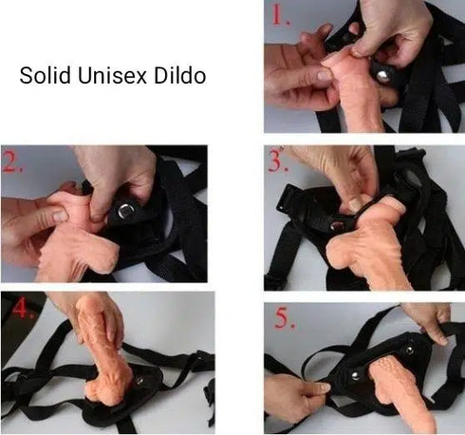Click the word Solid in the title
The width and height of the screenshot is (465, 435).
pyautogui.click(x=41, y=76)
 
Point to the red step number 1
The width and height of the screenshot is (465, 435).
pyautogui.click(x=277, y=16)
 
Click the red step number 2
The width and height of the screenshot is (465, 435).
pyautogui.click(x=13, y=161)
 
